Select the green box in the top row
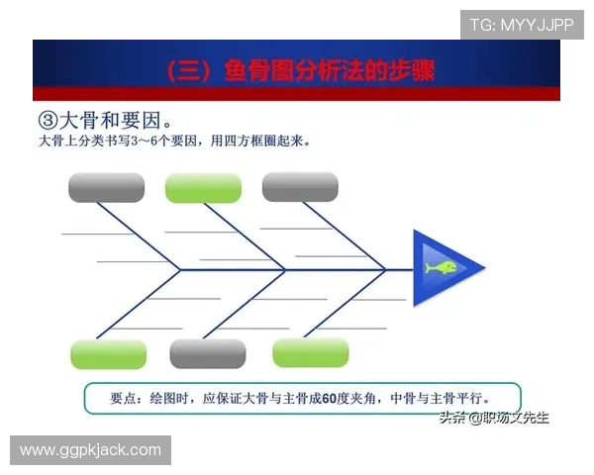coord(203,188)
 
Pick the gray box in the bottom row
coord(208,353)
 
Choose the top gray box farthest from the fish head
coord(106,187)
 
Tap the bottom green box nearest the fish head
coord(311,352)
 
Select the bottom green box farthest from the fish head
coord(109,354)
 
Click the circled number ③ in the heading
coord(49,120)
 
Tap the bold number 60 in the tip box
coord(331,398)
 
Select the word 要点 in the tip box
coord(126,398)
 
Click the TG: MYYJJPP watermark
coord(522,24)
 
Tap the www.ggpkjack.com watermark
coord(90,450)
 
